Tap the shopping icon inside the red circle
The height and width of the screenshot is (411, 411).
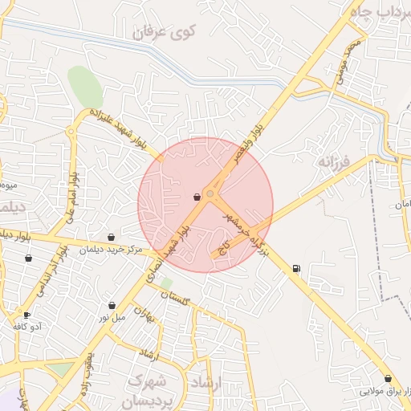[197, 197]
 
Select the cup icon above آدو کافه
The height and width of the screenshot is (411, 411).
[28, 315]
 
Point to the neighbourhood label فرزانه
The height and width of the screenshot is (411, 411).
[335, 162]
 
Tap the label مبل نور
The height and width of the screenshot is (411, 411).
[113, 318]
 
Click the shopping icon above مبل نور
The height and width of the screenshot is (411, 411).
[112, 306]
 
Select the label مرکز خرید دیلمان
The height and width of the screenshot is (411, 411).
[110, 250]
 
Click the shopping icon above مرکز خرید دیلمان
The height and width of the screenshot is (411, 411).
[111, 237]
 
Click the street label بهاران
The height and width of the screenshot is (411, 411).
[144, 312]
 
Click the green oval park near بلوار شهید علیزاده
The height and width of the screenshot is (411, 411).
[85, 86]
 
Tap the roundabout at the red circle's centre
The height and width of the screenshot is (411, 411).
[211, 193]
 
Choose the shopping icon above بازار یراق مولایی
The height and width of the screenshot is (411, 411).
[388, 378]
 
